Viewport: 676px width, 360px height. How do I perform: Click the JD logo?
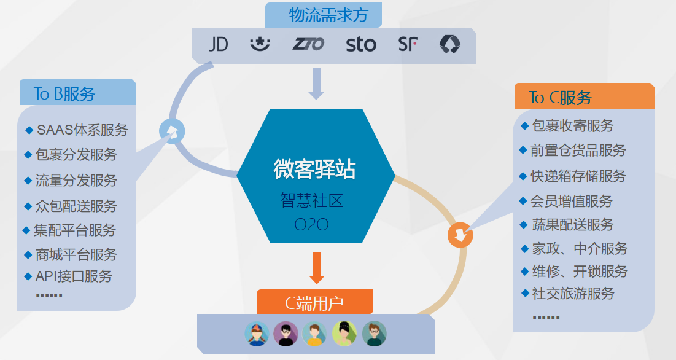(x=218, y=44)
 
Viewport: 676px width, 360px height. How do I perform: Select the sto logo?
(x=361, y=44)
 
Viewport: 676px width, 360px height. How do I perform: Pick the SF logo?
(x=408, y=44)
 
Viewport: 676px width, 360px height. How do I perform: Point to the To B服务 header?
(x=65, y=93)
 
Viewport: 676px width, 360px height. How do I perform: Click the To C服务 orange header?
(x=561, y=97)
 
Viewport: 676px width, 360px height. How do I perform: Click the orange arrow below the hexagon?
(x=317, y=267)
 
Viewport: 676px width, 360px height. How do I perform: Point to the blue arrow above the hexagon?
(x=316, y=83)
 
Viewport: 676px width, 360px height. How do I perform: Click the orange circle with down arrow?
(x=460, y=234)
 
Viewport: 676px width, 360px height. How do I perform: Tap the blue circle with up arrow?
(x=171, y=131)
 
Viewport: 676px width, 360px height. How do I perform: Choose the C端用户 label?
(x=314, y=303)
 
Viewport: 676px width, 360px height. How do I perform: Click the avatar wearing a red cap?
(x=257, y=334)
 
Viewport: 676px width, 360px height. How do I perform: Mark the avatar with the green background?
(x=344, y=334)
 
